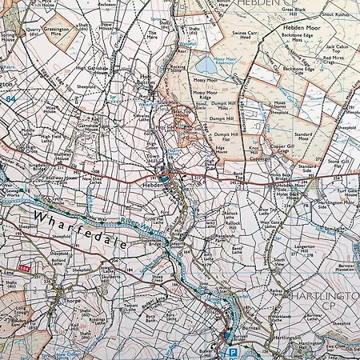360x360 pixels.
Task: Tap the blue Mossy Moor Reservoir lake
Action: (206, 63)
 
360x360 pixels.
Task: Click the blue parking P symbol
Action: (233, 351)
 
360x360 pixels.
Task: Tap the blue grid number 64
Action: (10, 98)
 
